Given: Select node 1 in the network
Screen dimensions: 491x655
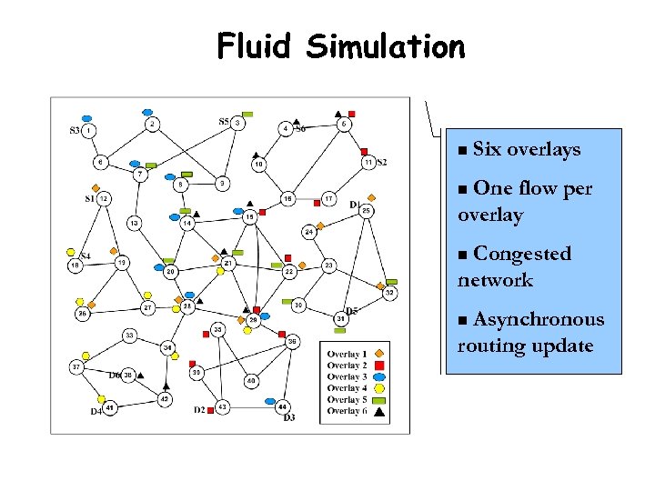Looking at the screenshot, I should click(x=90, y=131).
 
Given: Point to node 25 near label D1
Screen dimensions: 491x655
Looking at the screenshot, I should click(x=366, y=211).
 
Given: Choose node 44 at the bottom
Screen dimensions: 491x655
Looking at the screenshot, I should click(x=283, y=406).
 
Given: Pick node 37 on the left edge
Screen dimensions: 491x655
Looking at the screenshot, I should click(x=76, y=366).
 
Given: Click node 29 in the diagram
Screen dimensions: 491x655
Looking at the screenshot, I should click(x=254, y=320).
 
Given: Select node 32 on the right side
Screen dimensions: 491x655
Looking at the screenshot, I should click(x=388, y=293).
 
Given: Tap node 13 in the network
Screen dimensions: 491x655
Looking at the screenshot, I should click(x=134, y=223).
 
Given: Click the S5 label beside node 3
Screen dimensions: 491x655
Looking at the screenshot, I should click(x=224, y=121).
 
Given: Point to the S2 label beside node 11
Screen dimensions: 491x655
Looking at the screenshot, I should click(x=382, y=162).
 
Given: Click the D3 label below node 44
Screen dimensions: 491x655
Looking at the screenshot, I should click(x=289, y=418).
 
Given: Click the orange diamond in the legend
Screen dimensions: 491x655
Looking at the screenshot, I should click(x=378, y=354).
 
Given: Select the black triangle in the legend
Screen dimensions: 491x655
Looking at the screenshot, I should click(x=378, y=411).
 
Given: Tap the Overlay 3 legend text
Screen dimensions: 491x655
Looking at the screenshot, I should click(x=347, y=376).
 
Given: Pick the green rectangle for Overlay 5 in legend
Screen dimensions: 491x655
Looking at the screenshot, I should click(x=378, y=399).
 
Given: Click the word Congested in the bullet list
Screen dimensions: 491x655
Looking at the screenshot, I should click(x=522, y=254).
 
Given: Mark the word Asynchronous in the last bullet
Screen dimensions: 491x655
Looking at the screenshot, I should click(x=539, y=319).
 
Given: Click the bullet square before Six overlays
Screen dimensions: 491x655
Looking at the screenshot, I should click(x=463, y=150).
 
